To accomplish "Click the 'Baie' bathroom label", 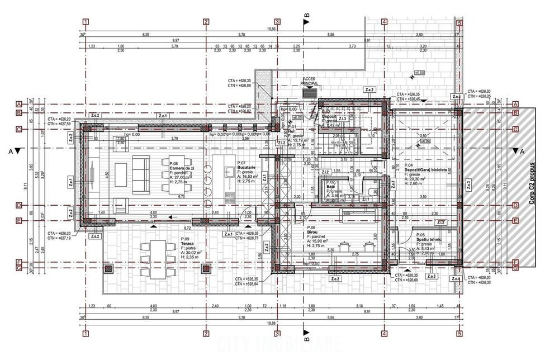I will click(331, 186).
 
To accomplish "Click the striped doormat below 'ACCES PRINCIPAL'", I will click(309, 92).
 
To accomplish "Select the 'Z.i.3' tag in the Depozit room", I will click(343, 119).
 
